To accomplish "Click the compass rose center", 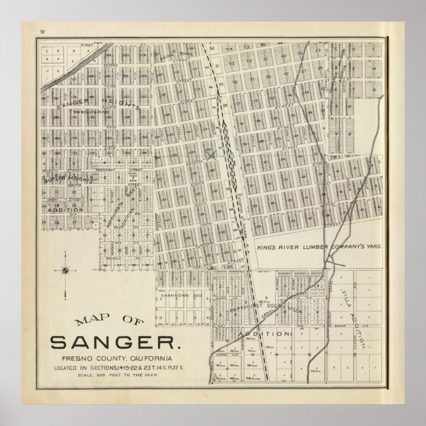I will click(x=65, y=270).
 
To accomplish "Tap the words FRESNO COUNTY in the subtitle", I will click(x=94, y=359).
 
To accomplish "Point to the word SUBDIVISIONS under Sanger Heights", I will click(x=91, y=112).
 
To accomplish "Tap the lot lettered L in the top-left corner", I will click(x=47, y=51).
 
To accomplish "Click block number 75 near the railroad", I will click(x=232, y=64).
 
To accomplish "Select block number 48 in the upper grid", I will click(x=283, y=56).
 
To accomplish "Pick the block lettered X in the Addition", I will click(x=349, y=134).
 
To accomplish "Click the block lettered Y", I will click(x=336, y=134).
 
